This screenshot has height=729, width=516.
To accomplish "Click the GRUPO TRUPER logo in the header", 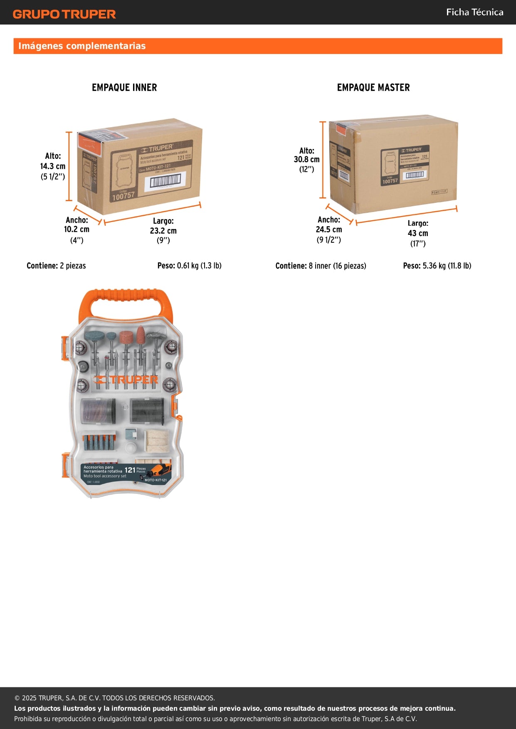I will pos(64,14).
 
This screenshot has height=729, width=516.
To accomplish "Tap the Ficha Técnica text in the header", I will pos(474,12).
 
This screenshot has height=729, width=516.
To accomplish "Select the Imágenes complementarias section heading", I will pos(82,46).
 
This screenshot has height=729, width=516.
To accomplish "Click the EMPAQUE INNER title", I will pos(124,87).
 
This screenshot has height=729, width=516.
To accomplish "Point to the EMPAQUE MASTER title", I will pos(373,87).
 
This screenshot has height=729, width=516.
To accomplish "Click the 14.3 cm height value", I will pos(53,166).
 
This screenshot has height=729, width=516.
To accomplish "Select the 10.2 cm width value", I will pos(77,229).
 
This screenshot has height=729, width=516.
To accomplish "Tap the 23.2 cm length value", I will pos(163,231).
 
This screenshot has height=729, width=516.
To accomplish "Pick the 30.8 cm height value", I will pos(306,159).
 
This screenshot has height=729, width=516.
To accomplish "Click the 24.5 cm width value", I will pos(328,229).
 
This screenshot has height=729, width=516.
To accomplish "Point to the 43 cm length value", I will pos(417,233).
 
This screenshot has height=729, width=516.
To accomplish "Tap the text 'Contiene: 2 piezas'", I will pos(56,266).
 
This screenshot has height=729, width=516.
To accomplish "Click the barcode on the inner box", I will pos(165,181).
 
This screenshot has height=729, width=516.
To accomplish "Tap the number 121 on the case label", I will pos(130,470).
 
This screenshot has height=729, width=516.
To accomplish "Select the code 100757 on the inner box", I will pos(123,195).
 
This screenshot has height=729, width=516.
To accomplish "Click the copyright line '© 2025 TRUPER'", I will pos(115,698).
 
